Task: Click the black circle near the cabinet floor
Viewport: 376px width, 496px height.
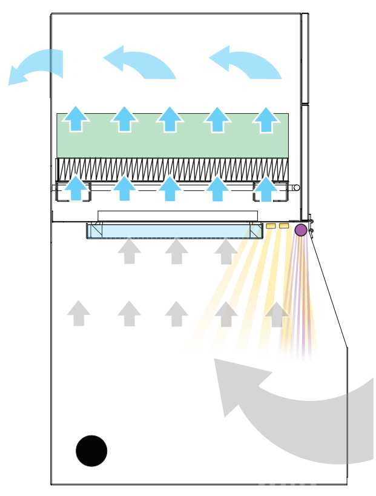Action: click(91, 451)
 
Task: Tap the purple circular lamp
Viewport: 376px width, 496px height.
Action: click(300, 230)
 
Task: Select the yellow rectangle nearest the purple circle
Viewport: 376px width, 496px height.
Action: click(284, 226)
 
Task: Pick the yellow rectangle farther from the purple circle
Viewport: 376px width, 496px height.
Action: click(271, 226)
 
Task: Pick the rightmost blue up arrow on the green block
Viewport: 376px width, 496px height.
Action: click(266, 119)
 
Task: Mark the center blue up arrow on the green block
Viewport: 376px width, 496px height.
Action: click(171, 119)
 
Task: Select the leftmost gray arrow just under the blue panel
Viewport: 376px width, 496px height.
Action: click(128, 251)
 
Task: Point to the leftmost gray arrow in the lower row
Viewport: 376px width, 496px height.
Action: click(79, 314)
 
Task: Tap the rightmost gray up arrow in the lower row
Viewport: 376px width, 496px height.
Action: click(277, 314)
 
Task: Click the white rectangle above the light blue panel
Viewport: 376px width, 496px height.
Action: click(178, 215)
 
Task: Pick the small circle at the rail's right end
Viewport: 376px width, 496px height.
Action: click(296, 188)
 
